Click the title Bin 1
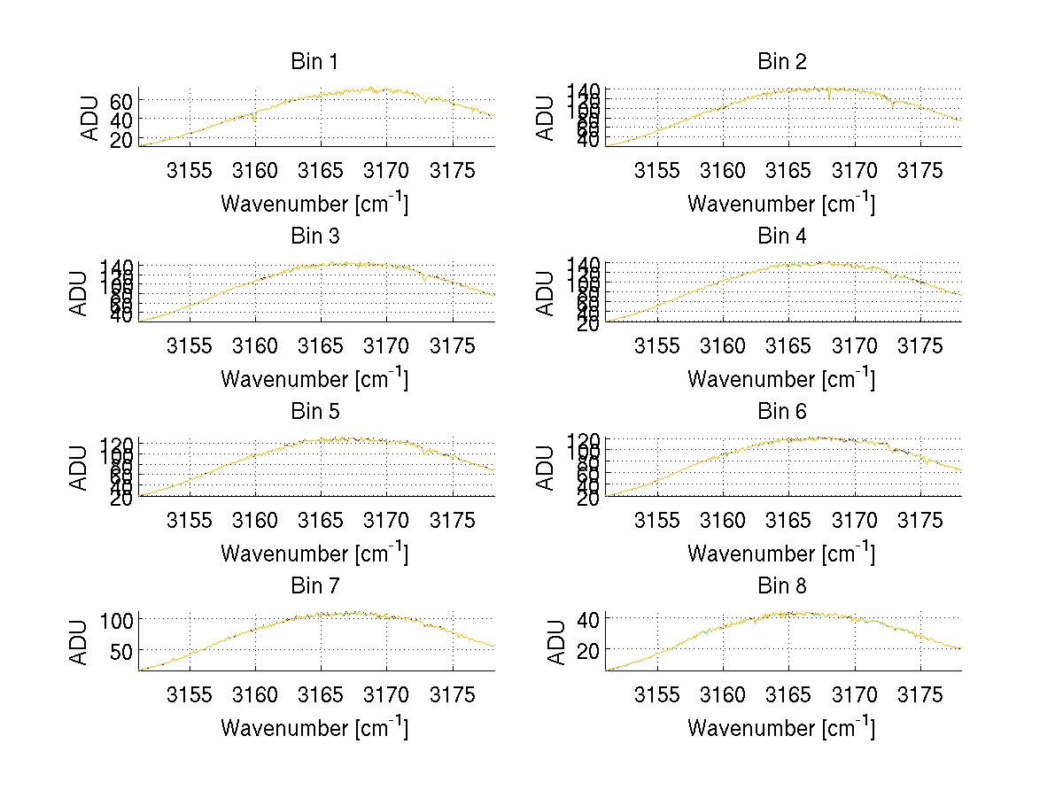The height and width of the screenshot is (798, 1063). (314, 62)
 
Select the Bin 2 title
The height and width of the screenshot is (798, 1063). (782, 62)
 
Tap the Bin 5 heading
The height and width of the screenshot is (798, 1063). (314, 412)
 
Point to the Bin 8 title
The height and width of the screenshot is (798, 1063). (782, 586)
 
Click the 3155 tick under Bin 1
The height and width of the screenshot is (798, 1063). (190, 170)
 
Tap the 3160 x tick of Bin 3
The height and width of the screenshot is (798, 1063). (255, 345)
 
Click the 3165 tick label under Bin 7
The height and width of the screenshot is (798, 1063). (321, 694)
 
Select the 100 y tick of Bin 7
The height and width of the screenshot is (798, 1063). (117, 619)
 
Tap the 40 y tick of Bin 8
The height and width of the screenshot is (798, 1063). (589, 618)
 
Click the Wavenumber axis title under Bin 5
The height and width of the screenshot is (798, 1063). (314, 554)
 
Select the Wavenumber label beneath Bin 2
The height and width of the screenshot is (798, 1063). (781, 204)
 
